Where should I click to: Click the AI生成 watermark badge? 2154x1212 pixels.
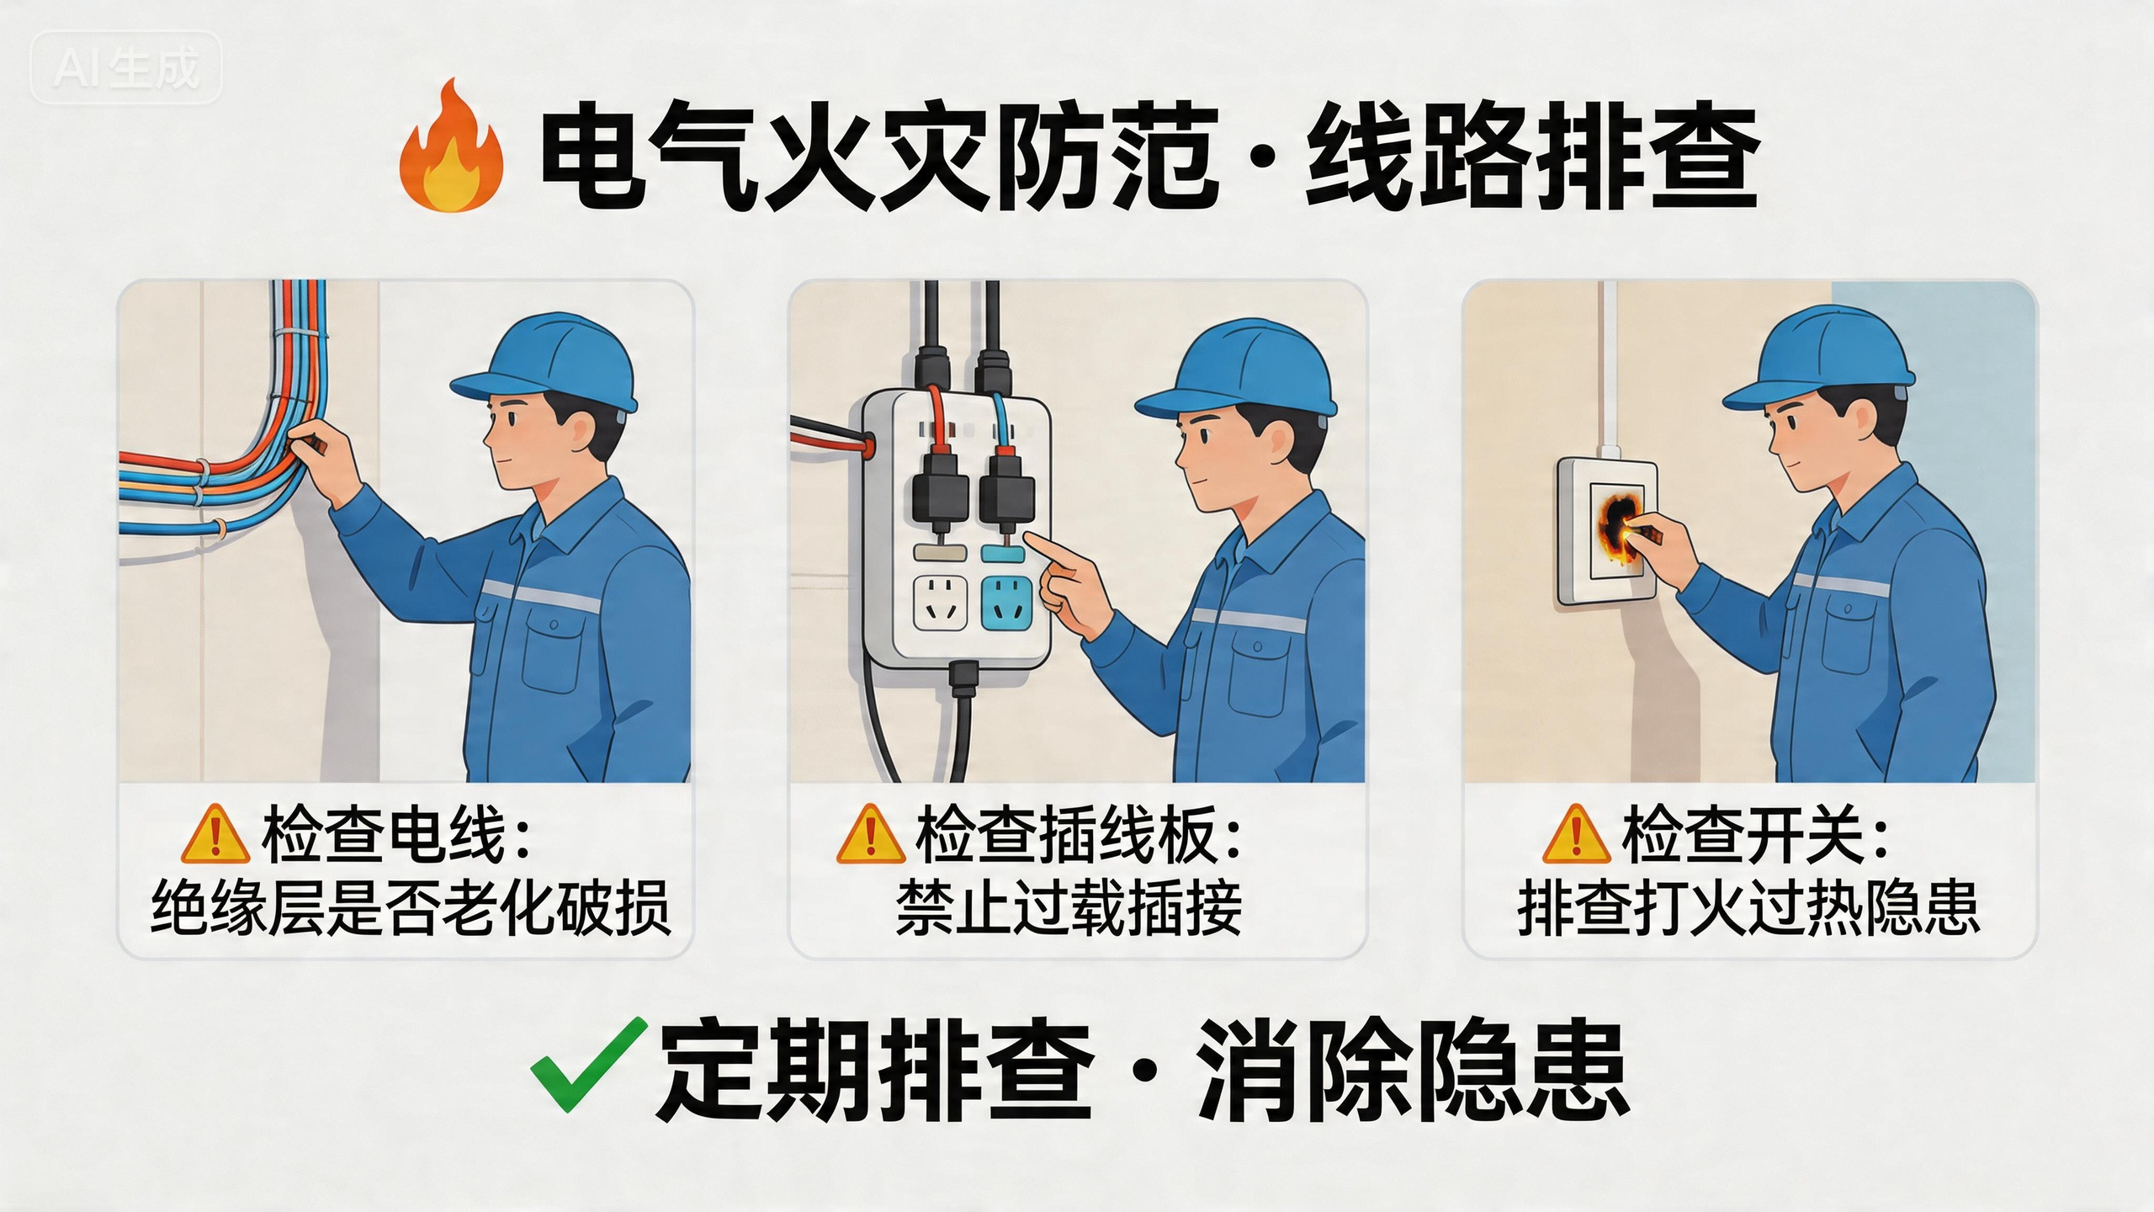tap(126, 67)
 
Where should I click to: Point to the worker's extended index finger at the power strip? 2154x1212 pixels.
tap(1043, 551)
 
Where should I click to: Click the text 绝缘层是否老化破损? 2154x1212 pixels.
tap(411, 907)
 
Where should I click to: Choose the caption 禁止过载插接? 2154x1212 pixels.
tap(1069, 907)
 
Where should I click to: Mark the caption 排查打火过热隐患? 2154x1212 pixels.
tap(1748, 907)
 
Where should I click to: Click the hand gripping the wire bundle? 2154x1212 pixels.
tap(324, 459)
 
